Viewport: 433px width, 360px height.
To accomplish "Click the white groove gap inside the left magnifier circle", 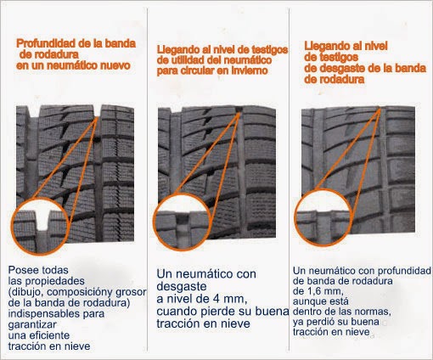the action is click(43, 220).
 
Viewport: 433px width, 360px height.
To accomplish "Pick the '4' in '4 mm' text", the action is click(216, 299).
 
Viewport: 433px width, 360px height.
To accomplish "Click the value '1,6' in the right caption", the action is click(312, 291).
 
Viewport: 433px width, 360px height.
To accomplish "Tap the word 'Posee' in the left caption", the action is click(24, 270).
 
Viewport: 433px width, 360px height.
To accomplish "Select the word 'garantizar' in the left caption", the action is click(32, 325).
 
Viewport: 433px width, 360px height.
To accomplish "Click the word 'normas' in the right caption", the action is click(373, 312).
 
